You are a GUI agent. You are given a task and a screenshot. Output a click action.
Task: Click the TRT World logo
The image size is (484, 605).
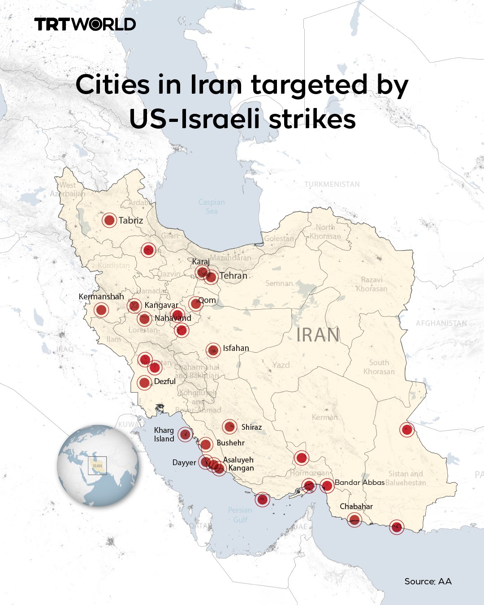[x=85, y=24]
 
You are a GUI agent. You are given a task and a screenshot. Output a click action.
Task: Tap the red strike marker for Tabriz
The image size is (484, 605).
[x=109, y=220]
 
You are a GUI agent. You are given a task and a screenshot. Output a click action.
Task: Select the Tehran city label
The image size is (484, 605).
[x=233, y=276]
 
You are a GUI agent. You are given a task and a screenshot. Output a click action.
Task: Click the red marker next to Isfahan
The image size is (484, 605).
[x=213, y=350]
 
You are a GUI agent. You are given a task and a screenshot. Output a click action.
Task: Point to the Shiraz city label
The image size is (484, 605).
[x=251, y=427]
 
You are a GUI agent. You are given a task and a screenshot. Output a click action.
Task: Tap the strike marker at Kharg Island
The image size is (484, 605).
[x=185, y=434]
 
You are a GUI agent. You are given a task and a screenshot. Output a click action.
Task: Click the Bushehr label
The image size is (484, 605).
[x=230, y=443]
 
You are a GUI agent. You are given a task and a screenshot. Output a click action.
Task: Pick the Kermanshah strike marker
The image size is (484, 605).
[x=101, y=310]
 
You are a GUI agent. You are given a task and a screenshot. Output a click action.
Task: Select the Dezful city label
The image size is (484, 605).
[x=164, y=381]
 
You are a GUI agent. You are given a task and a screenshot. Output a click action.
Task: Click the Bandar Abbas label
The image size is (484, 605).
[x=359, y=483]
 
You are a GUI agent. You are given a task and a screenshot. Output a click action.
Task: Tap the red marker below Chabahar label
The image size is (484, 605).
[x=354, y=520]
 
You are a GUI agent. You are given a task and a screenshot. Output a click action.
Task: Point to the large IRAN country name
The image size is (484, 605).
[x=318, y=335]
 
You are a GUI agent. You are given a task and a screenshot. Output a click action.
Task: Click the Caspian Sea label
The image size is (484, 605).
[x=212, y=207]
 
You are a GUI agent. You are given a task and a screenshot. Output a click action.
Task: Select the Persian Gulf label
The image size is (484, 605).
[x=240, y=515]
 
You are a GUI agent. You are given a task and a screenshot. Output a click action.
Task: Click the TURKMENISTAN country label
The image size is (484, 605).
[x=332, y=184]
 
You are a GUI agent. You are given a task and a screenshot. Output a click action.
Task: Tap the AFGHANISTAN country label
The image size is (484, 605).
[x=441, y=323]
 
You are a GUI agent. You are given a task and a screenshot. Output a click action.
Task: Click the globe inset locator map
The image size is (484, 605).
[x=98, y=466]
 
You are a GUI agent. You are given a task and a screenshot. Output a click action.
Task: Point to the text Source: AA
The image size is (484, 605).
[x=428, y=581]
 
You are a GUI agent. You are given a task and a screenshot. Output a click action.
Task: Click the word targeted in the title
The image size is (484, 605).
[x=309, y=84]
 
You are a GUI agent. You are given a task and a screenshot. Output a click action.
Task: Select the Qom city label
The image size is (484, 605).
[x=207, y=300]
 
